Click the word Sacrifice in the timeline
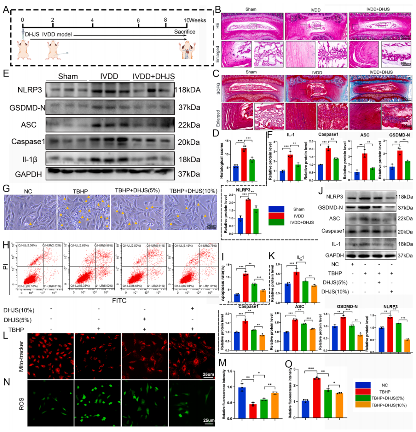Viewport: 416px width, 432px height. pos(186,32)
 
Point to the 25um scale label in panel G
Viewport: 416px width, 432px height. pos(210,225)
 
